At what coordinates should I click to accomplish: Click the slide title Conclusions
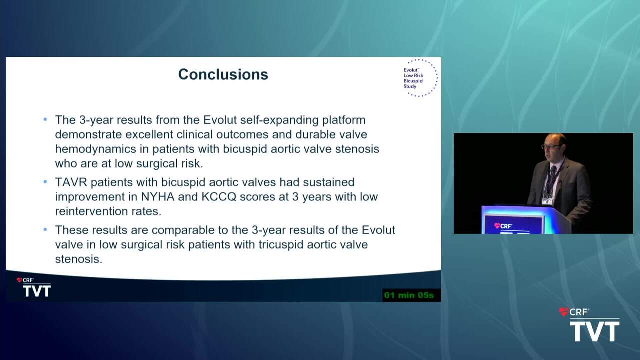pyautogui.click(x=223, y=74)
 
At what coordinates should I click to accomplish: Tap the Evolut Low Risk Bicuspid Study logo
pyautogui.click(x=420, y=78)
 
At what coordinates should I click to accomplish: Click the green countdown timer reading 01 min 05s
pyautogui.click(x=409, y=295)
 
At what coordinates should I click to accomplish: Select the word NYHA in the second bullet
pyautogui.click(x=157, y=197)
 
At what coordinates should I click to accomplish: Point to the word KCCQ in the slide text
pyautogui.click(x=219, y=197)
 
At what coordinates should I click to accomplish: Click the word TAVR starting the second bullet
pyautogui.click(x=71, y=182)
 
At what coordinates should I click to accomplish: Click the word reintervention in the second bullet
pyautogui.click(x=91, y=211)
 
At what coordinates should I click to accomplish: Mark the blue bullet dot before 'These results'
pyautogui.click(x=45, y=229)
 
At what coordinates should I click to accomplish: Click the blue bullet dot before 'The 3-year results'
pyautogui.click(x=45, y=119)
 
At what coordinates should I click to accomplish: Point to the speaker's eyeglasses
pyautogui.click(x=551, y=147)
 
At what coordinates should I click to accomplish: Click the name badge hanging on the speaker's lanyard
pyautogui.click(x=547, y=201)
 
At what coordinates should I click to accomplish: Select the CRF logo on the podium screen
pyautogui.click(x=503, y=226)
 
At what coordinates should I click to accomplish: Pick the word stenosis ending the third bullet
pyautogui.click(x=78, y=259)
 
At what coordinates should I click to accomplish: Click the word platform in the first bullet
pyautogui.click(x=344, y=120)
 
